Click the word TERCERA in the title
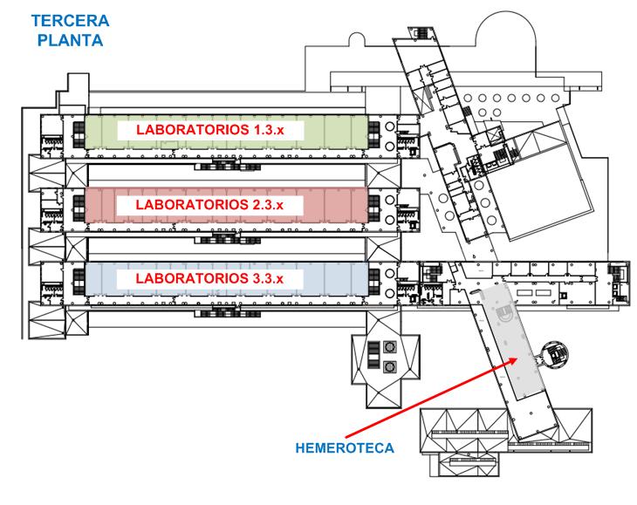71,21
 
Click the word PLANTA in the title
71,40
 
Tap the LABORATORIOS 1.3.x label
210,130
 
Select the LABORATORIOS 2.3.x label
209,205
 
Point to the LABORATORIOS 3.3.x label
209,278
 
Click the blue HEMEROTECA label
345,448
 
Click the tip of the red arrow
517,358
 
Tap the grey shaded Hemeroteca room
514,341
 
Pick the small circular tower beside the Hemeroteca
554,354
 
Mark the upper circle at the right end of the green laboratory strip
389,126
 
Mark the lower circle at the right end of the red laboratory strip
389,220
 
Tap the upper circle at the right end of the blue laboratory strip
389,273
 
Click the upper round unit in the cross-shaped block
389,347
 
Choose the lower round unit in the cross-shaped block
389,366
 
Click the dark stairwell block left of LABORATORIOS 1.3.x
79,135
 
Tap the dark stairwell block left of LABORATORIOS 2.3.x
79,208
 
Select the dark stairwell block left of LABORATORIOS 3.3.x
79,282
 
